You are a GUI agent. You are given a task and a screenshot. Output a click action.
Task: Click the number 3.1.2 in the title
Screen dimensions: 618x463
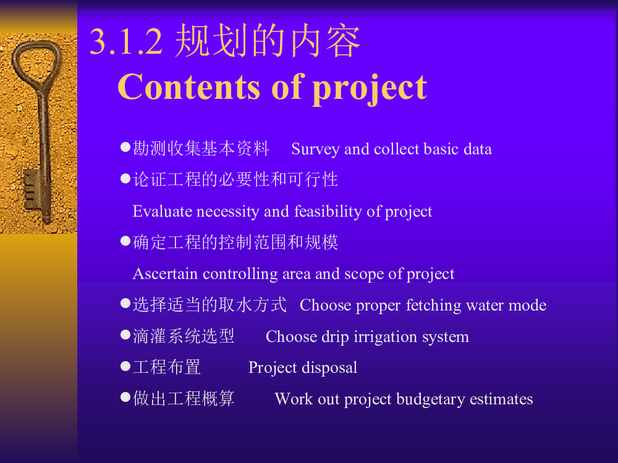click(125, 41)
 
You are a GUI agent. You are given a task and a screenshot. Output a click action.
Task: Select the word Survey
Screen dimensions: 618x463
click(315, 149)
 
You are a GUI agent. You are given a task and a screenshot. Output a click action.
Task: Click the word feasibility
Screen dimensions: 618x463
click(328, 211)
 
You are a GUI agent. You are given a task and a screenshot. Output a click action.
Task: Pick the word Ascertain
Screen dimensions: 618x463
click(165, 273)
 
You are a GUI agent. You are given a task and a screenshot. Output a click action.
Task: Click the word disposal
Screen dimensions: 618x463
click(329, 368)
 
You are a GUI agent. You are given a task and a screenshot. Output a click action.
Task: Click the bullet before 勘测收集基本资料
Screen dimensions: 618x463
click(125, 148)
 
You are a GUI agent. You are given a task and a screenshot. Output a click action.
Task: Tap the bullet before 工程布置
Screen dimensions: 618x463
click(125, 366)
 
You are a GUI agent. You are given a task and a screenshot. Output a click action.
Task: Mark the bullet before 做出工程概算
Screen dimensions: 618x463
click(125, 397)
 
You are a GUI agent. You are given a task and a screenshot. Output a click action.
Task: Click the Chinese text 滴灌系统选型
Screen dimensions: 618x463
click(184, 336)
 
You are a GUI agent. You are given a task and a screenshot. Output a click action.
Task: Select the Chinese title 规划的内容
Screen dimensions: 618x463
click(268, 40)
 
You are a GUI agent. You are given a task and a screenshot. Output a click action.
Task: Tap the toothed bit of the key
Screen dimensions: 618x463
click(32, 190)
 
